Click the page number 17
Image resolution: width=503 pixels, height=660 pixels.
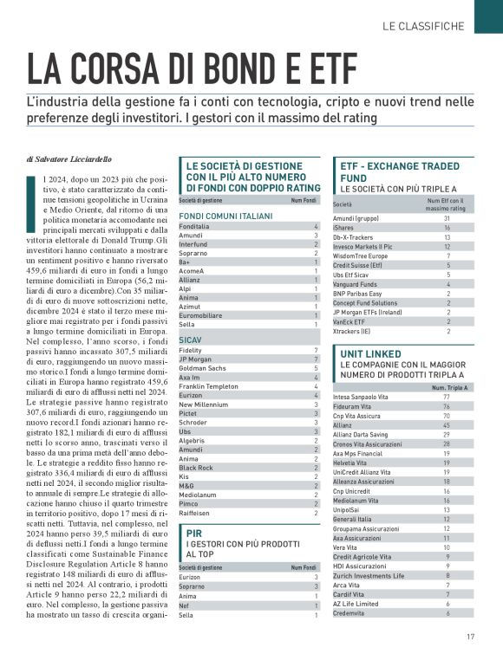click(470, 638)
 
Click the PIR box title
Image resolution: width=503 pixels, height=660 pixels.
click(193, 534)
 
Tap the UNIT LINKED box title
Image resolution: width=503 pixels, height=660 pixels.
click(371, 355)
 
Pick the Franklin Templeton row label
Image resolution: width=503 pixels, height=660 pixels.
click(207, 386)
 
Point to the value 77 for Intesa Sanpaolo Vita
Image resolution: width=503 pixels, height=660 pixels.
click(447, 397)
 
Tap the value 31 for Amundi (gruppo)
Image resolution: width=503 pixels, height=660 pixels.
click(447, 218)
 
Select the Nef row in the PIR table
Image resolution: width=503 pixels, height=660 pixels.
click(183, 605)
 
